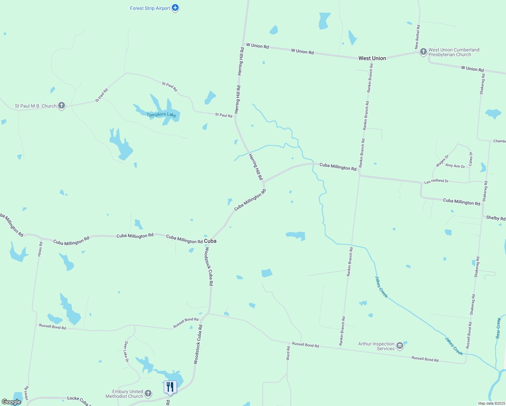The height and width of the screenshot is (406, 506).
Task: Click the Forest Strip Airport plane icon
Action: point(175,8)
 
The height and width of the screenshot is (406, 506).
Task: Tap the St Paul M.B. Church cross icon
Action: point(61,106)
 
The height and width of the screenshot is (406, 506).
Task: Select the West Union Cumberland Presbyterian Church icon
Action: point(423,52)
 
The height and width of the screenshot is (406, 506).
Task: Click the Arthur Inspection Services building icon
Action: point(400,346)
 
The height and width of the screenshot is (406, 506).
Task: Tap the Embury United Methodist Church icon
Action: point(148,393)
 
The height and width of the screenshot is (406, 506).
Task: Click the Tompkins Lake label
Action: point(161,115)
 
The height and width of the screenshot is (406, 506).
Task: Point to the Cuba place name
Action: point(210,241)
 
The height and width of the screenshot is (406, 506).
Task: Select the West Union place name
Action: point(372,58)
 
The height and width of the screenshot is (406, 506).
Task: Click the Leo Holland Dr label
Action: point(436,181)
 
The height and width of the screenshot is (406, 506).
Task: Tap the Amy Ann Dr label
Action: point(455,166)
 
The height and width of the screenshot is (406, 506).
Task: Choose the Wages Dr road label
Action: point(442,161)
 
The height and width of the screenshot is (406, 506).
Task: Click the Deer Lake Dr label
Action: point(126,352)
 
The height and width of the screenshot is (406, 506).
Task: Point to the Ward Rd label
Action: point(288,353)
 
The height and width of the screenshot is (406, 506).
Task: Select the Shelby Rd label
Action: point(496,218)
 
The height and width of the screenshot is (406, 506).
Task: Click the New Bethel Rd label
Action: point(418,37)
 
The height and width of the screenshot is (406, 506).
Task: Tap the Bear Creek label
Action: point(498,328)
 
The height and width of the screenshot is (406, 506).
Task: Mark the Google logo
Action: point(11,402)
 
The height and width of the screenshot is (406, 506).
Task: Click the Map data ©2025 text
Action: point(491,403)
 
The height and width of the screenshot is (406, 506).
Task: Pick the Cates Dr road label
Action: point(470,159)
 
